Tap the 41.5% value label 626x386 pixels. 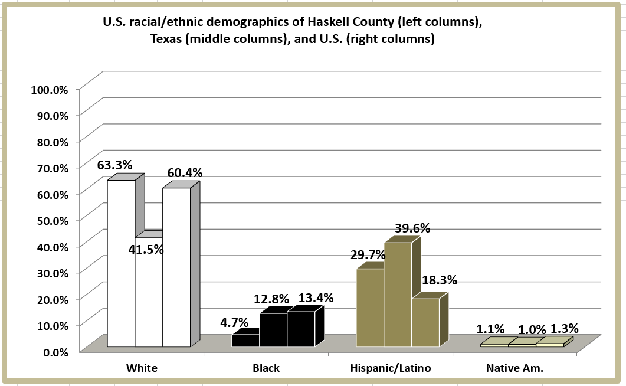(x=146, y=249)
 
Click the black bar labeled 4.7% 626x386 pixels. (x=245, y=341)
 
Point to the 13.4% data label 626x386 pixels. (x=316, y=297)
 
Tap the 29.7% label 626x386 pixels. (x=368, y=254)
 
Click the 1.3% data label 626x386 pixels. (x=565, y=328)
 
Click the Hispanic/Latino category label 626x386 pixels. (x=391, y=368)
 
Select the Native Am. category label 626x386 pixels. (x=514, y=368)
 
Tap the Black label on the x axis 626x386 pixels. (x=266, y=368)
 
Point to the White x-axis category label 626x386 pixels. (x=142, y=368)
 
